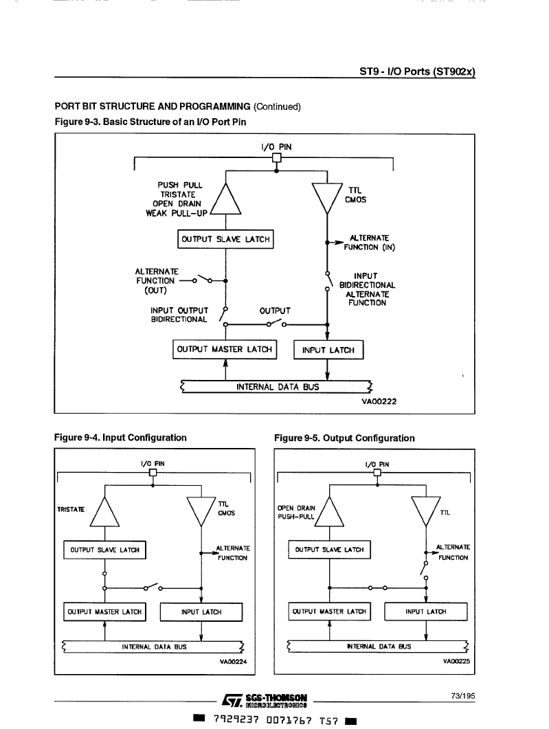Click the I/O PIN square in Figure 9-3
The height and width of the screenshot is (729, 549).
(277, 157)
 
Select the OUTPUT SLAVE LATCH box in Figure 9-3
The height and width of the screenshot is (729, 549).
(225, 239)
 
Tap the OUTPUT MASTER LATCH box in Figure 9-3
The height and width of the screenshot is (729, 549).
(225, 349)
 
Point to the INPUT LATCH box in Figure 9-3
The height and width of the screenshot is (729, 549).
(328, 350)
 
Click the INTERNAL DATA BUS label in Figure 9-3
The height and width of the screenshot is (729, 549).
(278, 387)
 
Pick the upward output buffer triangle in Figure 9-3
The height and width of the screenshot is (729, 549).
(225, 199)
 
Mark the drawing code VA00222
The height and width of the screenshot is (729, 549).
(379, 401)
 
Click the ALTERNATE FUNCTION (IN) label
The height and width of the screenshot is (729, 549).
(369, 243)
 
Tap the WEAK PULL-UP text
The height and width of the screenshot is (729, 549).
(176, 214)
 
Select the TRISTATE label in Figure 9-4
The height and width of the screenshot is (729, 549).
(71, 510)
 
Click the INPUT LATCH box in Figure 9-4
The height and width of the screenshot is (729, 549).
(201, 612)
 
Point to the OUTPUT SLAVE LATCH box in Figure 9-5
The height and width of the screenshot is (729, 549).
(329, 550)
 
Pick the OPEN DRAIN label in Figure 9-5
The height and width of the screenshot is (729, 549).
(296, 508)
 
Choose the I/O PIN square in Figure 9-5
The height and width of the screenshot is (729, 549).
(377, 473)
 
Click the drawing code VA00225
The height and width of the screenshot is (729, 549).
(456, 661)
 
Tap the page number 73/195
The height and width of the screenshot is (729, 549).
(463, 696)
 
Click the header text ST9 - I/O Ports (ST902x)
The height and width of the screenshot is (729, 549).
(418, 71)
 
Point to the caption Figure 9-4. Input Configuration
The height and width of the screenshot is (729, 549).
(120, 438)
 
